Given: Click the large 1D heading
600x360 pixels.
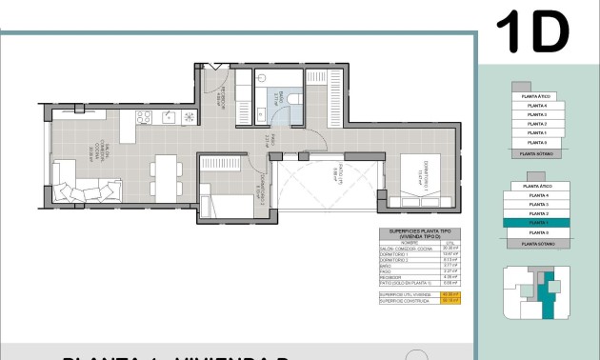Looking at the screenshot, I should tap(532, 32).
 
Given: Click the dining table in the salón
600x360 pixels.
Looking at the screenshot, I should tap(165, 176).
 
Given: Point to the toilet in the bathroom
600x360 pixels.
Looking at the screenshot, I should tap(293, 98).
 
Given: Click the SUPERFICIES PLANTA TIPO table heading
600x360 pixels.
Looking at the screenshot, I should tap(419, 234).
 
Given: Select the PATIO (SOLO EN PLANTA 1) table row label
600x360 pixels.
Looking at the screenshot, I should tap(406, 283).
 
